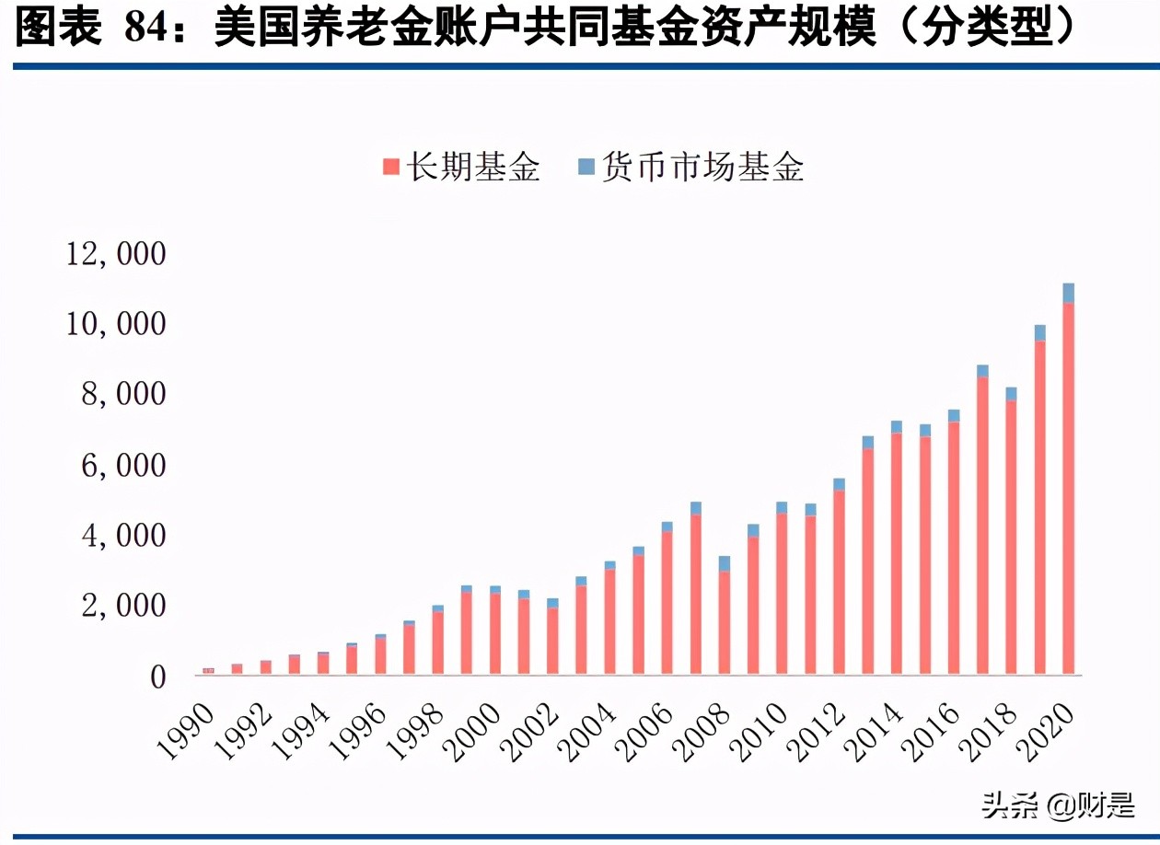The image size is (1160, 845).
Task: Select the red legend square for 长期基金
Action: pos(390,167)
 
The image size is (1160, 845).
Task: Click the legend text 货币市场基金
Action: pos(702,167)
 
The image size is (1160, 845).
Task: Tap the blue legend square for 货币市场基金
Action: pos(586,167)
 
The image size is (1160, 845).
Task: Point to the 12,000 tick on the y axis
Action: pos(115,254)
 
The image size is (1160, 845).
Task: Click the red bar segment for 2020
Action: pos(1068,488)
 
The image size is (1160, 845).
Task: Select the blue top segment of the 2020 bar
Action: pos(1068,293)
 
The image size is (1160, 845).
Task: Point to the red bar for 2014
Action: pos(896,553)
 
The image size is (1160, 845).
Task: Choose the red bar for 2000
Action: pos(495,634)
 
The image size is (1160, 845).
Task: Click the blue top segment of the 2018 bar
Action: pos(1011,394)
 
